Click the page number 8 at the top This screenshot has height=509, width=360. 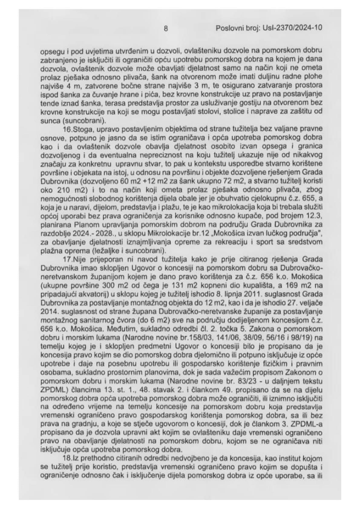pyautogui.click(x=165, y=28)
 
